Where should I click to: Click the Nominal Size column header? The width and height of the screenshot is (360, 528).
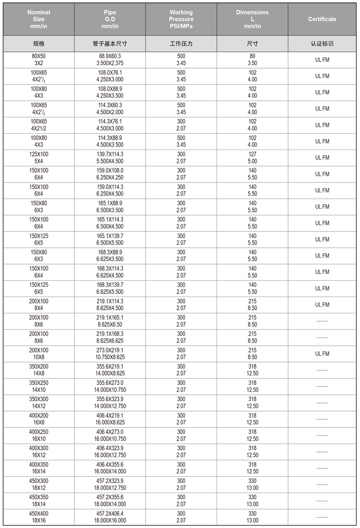pyautogui.click(x=38, y=19)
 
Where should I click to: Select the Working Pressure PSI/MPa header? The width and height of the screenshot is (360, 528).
pyautogui.click(x=181, y=19)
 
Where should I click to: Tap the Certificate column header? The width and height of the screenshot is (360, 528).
pyautogui.click(x=322, y=19)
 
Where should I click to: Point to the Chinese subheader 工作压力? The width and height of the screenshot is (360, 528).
pyautogui.click(x=181, y=43)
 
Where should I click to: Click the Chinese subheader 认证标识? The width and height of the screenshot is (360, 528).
pyautogui.click(x=322, y=43)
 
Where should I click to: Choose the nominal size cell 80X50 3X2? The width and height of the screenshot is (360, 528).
pyautogui.click(x=38, y=60)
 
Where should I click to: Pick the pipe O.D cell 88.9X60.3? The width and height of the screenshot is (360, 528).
pyautogui.click(x=110, y=60)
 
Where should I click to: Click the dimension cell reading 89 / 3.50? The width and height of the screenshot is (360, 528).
pyautogui.click(x=252, y=60)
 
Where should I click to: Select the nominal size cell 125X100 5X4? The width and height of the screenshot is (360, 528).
pyautogui.click(x=38, y=157)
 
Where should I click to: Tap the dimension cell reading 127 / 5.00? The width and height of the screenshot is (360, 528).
pyautogui.click(x=252, y=157)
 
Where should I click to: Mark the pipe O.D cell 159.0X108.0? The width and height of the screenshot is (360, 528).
pyautogui.click(x=110, y=174)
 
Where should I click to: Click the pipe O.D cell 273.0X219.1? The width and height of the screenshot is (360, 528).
pyautogui.click(x=110, y=353)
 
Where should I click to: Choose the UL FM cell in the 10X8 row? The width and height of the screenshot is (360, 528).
pyautogui.click(x=322, y=353)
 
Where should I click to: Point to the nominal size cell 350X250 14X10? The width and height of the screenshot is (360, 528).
pyautogui.click(x=38, y=386)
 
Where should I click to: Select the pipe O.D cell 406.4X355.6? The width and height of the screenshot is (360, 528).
pyautogui.click(x=110, y=468)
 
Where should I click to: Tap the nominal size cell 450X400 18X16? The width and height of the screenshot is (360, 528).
pyautogui.click(x=38, y=517)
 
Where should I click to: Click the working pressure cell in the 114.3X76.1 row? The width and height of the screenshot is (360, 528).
pyautogui.click(x=181, y=125)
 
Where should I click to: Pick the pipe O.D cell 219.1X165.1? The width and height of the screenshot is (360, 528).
pyautogui.click(x=110, y=321)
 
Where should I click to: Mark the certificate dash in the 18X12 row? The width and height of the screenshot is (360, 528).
pyautogui.click(x=322, y=484)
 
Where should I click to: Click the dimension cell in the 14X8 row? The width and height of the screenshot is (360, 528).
pyautogui.click(x=252, y=370)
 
